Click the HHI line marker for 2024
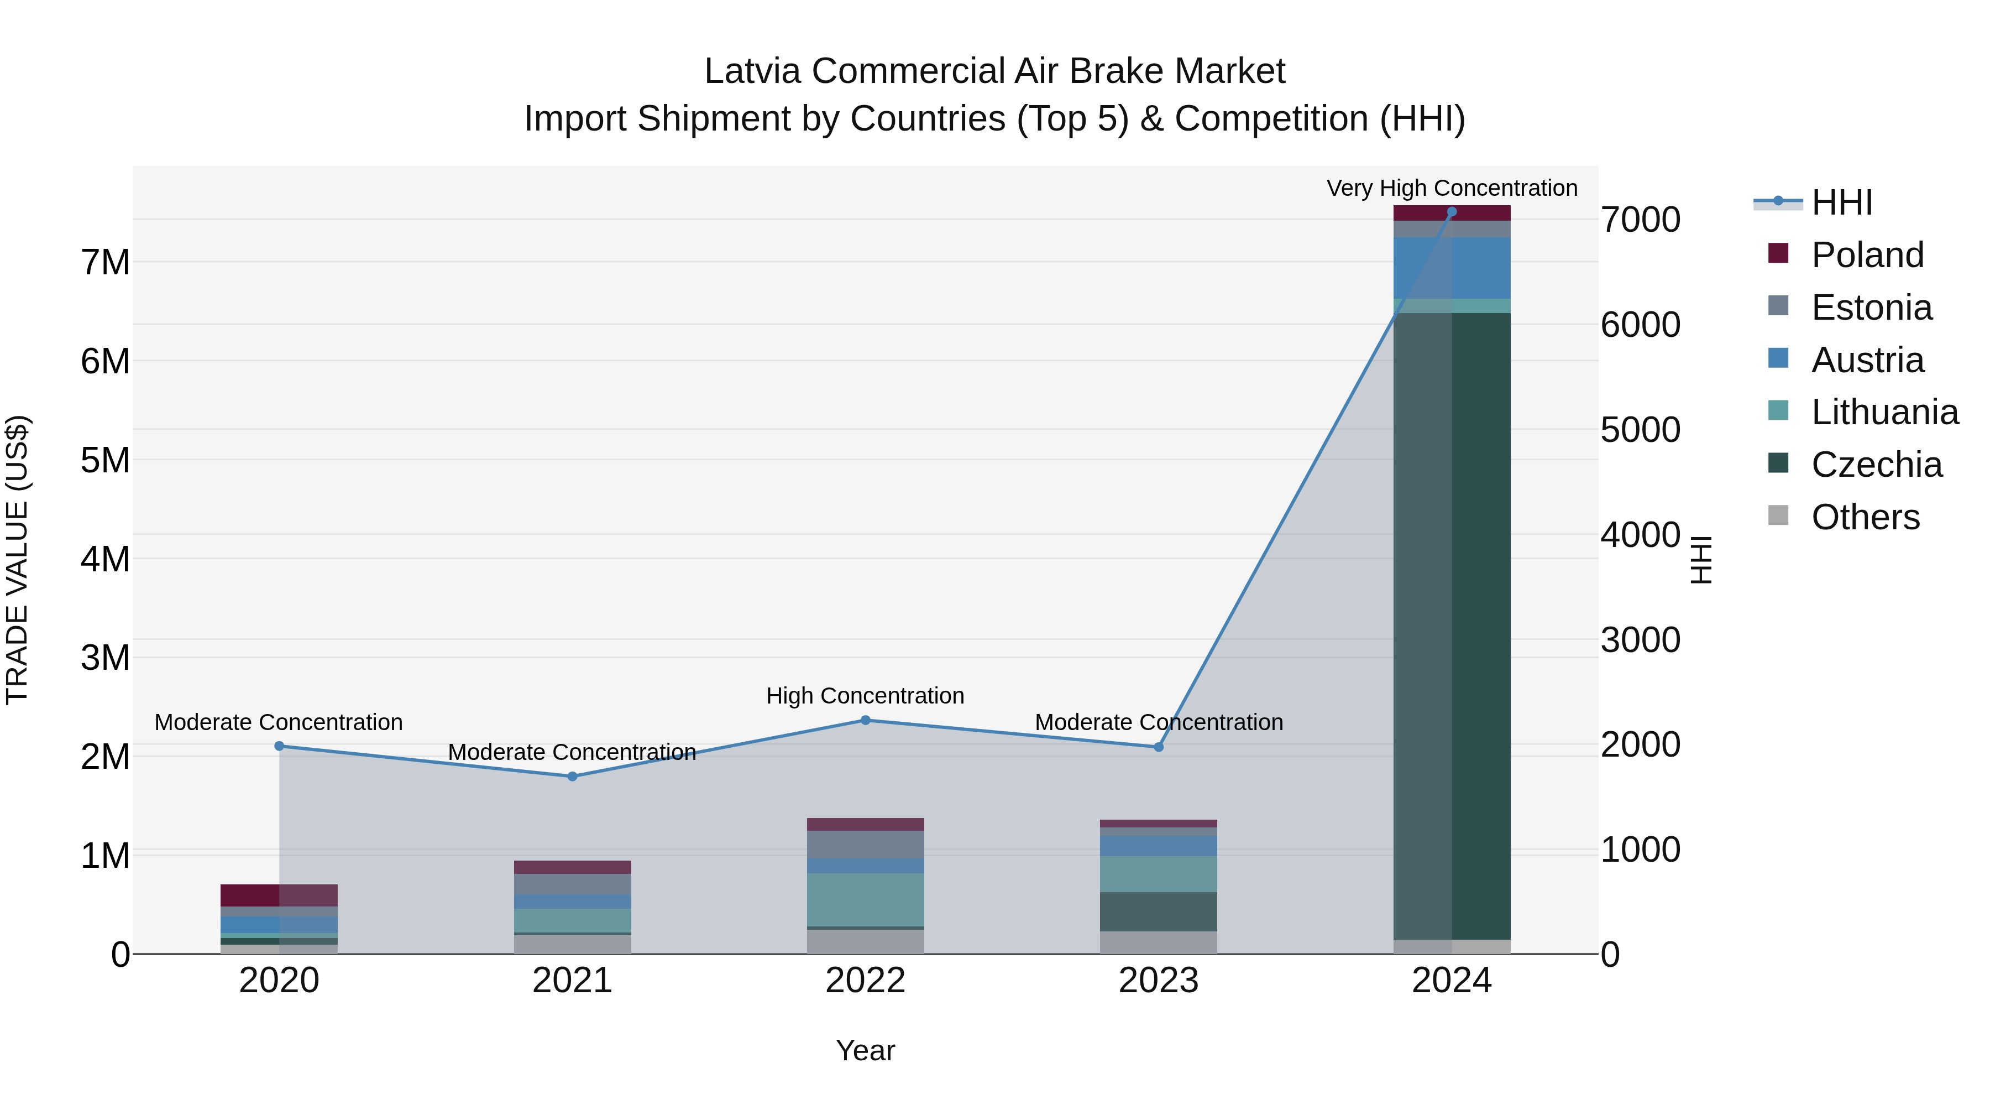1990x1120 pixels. (1452, 212)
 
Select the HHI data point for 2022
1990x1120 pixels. (865, 720)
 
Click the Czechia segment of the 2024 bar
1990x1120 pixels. (1452, 626)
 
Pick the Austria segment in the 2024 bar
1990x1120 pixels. (1452, 268)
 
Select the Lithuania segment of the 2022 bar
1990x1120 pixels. (865, 900)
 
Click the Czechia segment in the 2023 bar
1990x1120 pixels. (1158, 912)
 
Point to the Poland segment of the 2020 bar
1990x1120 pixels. (279, 895)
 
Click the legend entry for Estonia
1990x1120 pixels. (1871, 308)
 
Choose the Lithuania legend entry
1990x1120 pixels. (1884, 412)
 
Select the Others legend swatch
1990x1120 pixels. (1778, 515)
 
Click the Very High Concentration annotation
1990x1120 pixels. (1452, 188)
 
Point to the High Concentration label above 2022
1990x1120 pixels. (865, 696)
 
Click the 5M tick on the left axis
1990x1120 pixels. (105, 461)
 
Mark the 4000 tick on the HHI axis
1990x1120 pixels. (1640, 535)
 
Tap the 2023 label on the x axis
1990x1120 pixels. (1158, 981)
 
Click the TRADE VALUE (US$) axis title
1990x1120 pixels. (17, 560)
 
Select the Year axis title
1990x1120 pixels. (865, 1050)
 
